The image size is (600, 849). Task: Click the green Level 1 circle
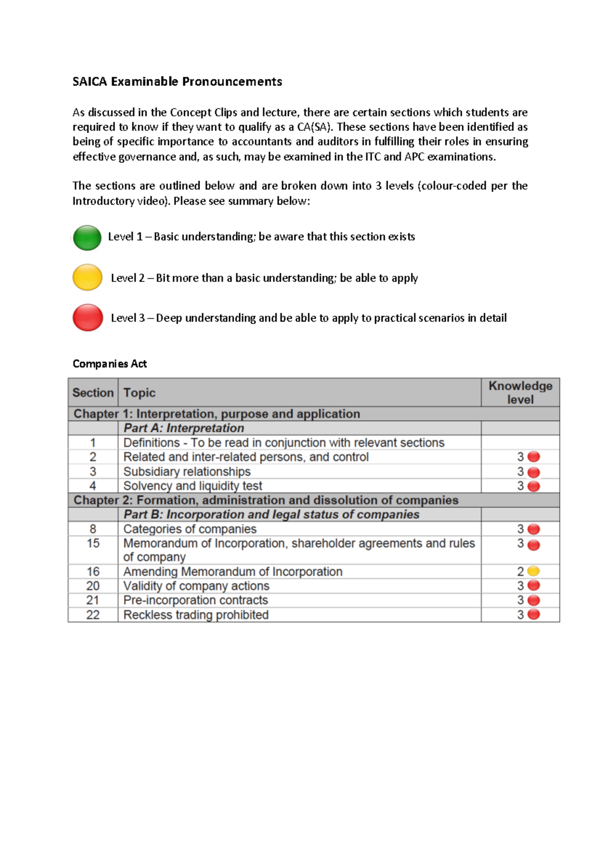[87, 238]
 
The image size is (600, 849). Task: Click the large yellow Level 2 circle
[87, 277]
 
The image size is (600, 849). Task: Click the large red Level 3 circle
[88, 317]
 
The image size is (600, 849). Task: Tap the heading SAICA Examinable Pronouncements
[177, 81]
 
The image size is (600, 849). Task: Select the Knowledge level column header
[520, 392]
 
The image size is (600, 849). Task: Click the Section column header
[93, 392]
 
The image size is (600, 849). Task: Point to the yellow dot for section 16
[533, 571]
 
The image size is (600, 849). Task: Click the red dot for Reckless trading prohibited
[533, 614]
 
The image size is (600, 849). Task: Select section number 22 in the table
[93, 614]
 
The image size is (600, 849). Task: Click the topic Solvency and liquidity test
[192, 485]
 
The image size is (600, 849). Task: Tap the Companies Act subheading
[109, 363]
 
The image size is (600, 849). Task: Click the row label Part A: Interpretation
[183, 428]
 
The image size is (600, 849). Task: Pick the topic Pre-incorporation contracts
[195, 600]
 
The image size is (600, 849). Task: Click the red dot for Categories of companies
[533, 529]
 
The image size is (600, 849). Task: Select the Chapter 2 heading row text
[265, 500]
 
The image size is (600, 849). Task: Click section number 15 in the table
[93, 543]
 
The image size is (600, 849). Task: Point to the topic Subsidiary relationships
[187, 471]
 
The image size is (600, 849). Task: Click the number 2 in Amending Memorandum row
[520, 571]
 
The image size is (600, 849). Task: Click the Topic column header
[139, 392]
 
